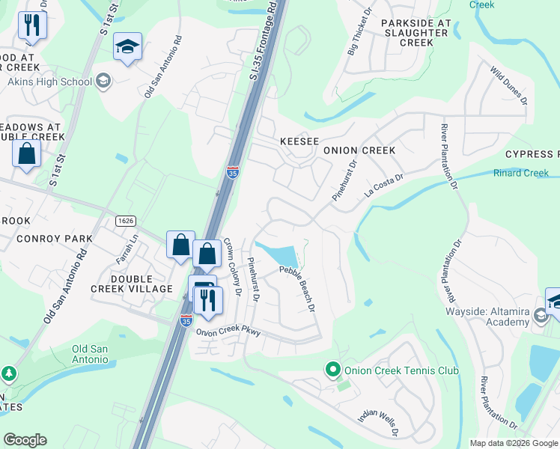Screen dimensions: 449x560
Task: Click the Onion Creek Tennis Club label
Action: click(x=401, y=370)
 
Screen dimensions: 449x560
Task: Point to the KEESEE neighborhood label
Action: click(x=299, y=141)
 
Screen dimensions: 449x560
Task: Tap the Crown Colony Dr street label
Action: click(x=233, y=267)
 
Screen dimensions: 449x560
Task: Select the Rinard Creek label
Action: click(x=521, y=174)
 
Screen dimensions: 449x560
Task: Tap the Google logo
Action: click(x=25, y=440)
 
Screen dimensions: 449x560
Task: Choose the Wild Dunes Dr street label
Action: click(x=509, y=85)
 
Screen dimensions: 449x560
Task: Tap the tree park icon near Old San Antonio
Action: click(x=8, y=372)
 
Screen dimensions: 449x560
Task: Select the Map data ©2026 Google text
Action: click(x=514, y=443)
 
